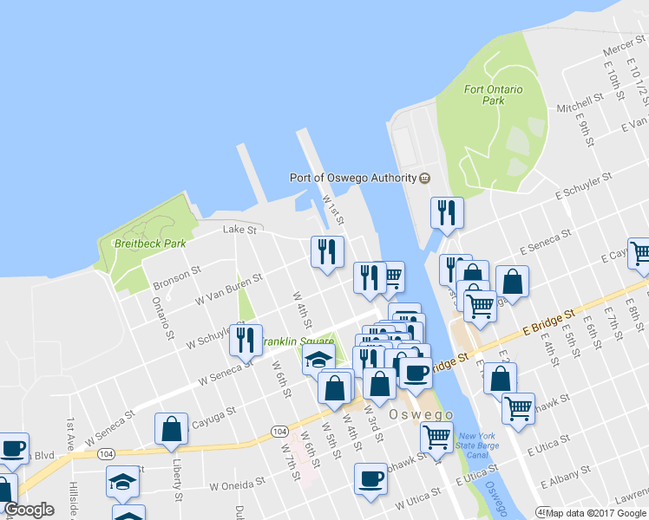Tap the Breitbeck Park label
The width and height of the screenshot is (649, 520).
(150, 244)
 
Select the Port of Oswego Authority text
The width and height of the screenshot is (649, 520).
(352, 178)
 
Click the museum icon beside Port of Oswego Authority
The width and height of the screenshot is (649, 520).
(424, 178)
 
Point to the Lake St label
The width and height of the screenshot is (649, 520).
(240, 230)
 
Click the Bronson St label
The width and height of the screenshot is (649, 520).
(176, 278)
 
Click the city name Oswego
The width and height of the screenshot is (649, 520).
(416, 414)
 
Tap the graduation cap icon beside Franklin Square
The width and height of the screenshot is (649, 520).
(318, 359)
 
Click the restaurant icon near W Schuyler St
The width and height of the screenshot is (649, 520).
(246, 340)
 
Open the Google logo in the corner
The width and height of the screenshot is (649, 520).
(29, 510)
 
